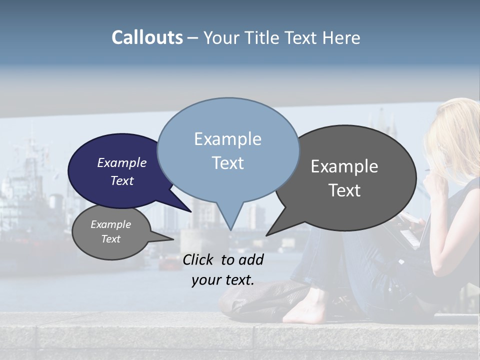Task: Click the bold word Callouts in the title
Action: (147, 37)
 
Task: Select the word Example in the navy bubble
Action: (122, 162)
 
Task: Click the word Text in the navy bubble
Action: (122, 180)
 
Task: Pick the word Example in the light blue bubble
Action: (227, 139)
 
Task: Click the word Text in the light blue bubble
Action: (227, 163)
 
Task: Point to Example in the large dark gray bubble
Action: (344, 166)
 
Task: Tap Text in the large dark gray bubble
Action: (344, 190)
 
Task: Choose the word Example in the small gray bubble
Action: (111, 224)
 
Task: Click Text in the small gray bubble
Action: (111, 239)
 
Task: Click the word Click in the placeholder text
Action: (198, 259)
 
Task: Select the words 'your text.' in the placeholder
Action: (222, 280)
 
